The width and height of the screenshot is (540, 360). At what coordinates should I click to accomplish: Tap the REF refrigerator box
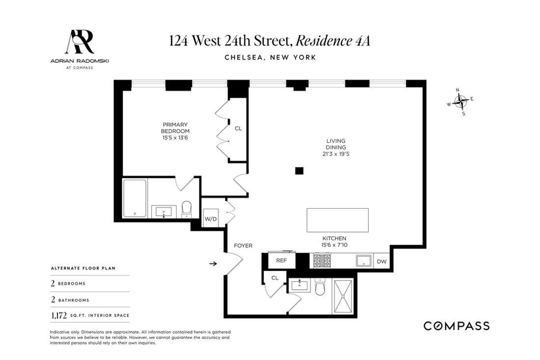coord(281,261)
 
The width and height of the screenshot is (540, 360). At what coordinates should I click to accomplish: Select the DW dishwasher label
coord(381,262)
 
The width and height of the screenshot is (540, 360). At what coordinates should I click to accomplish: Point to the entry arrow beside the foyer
coord(213,264)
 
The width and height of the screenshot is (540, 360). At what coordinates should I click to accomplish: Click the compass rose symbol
coord(461,102)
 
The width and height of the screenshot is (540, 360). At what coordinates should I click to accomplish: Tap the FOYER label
coord(243,246)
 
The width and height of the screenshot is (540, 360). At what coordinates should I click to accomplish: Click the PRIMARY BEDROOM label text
coord(175,128)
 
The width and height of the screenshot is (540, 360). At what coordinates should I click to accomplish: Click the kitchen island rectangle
coord(337,220)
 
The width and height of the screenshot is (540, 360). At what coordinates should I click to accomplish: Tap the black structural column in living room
coord(299,170)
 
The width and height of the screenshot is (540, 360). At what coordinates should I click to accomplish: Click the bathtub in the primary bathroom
coord(134,199)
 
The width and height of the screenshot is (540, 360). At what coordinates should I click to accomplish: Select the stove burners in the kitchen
coord(322,260)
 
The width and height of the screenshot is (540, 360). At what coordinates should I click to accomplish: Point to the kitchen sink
coord(363,261)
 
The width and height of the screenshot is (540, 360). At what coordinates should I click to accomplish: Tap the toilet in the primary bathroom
coord(187,209)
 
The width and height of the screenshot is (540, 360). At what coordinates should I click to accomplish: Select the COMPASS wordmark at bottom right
coord(456,326)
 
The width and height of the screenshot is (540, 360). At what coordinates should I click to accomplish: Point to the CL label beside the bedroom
coord(238,129)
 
